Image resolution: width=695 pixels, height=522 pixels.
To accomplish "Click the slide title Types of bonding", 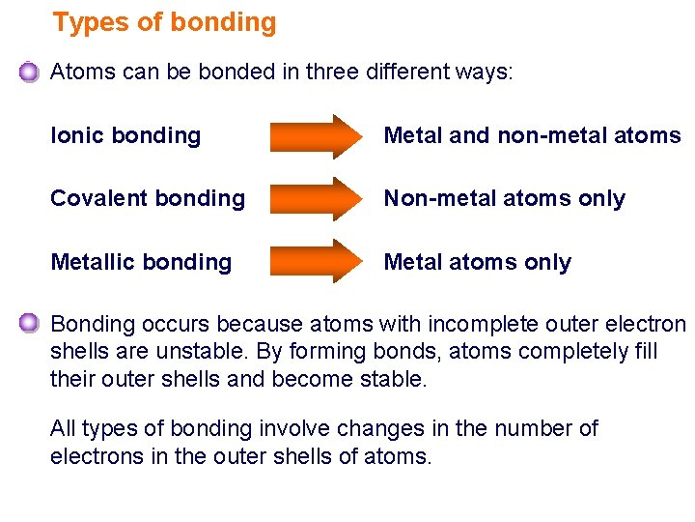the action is tap(164, 22).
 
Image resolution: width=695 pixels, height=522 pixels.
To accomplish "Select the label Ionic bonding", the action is tap(125, 136).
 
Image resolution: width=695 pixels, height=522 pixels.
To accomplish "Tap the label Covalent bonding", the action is tap(148, 199).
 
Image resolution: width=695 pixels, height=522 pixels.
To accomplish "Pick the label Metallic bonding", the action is tap(141, 262).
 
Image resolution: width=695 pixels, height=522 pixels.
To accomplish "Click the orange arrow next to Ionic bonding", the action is tap(313, 136).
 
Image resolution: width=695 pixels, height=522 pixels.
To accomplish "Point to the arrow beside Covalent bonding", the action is tap(313, 199).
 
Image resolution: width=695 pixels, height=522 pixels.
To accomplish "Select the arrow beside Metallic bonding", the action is tap(313, 261).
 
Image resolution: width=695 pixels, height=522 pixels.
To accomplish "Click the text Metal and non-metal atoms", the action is tap(532, 136).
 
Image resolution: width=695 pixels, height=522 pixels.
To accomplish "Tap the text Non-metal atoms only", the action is tap(504, 199).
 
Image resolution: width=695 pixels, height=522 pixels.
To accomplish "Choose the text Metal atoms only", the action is tap(477, 262).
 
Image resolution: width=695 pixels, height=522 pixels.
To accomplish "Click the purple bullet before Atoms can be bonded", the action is tap(29, 72).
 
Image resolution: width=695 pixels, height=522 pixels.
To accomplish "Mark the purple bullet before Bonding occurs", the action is tap(29, 323).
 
